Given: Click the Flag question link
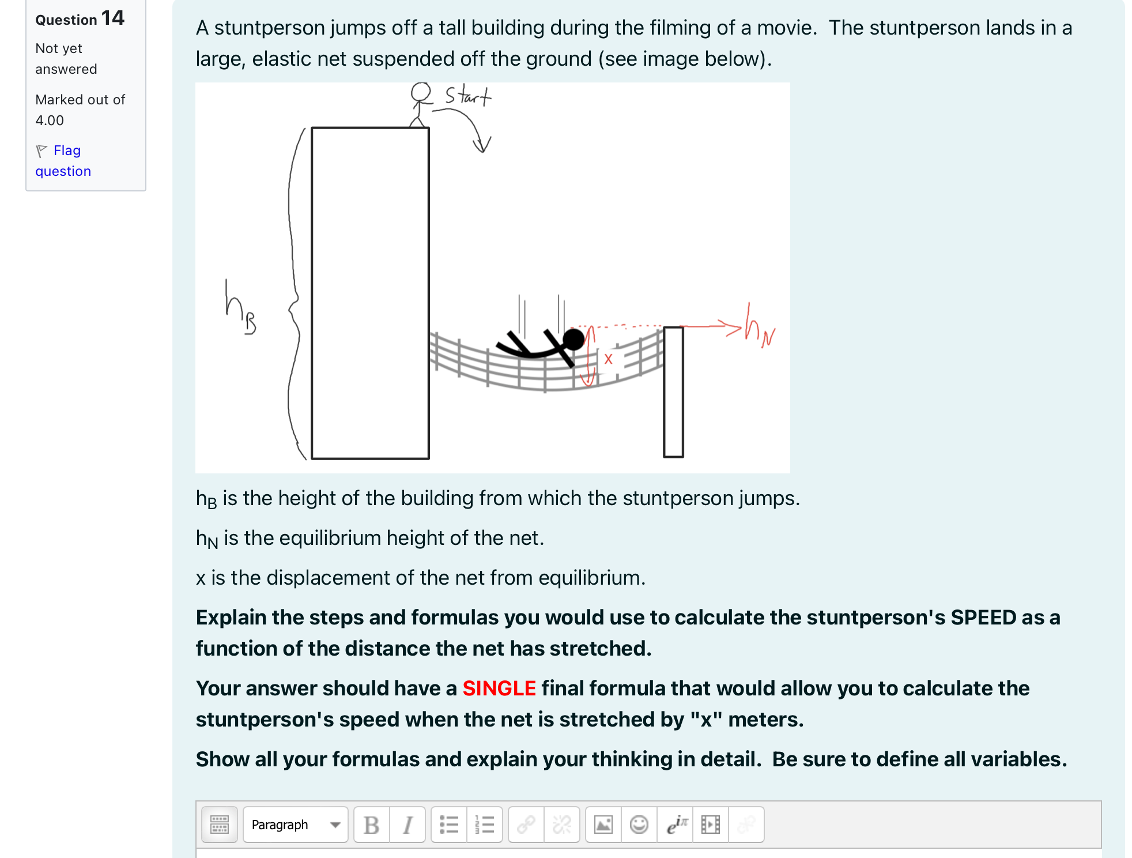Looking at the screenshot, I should (x=63, y=161).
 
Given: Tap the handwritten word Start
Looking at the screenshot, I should (x=468, y=95).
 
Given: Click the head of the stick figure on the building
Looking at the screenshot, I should (x=421, y=92).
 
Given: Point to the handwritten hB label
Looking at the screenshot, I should (x=240, y=308).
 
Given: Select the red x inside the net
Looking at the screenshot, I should (x=608, y=359).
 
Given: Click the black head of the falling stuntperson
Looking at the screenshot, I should (x=573, y=340).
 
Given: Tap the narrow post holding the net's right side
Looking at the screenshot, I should (x=673, y=392).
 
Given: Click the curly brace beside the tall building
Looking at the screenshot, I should (x=295, y=294).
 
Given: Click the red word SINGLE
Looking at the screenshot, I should (x=499, y=688).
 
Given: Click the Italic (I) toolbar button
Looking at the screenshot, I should (x=407, y=825).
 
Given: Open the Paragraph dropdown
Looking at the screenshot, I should (x=296, y=825).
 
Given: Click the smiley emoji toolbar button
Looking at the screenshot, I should (x=639, y=825).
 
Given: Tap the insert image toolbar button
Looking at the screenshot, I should (x=603, y=825).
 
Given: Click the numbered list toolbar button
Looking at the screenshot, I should (x=485, y=825).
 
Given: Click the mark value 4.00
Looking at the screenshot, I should (x=50, y=121).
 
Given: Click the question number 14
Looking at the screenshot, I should (x=112, y=18).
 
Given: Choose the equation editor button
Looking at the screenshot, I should (x=675, y=825).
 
